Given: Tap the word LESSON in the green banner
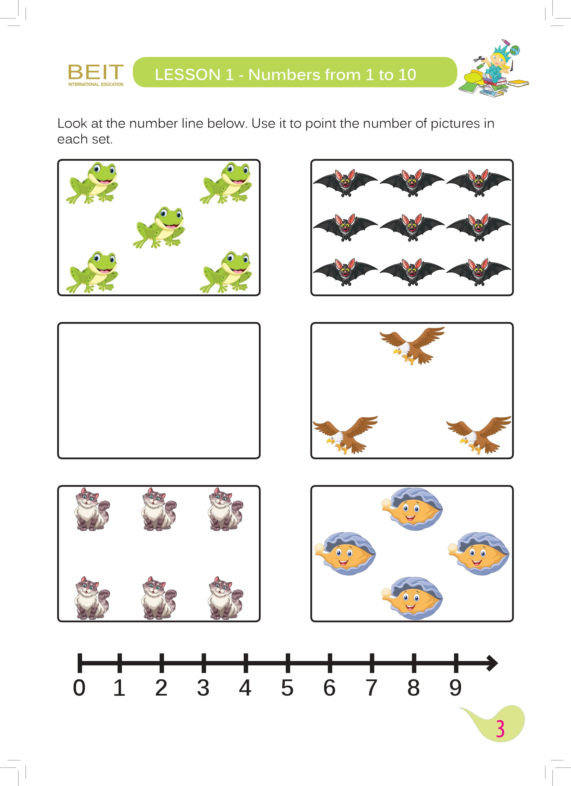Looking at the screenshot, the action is click(x=187, y=75).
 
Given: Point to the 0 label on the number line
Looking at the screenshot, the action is click(x=79, y=688).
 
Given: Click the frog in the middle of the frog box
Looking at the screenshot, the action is click(x=159, y=227).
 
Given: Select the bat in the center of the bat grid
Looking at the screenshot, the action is click(x=412, y=227).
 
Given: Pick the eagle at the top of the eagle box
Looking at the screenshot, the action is click(x=412, y=345).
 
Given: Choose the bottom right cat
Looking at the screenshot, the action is click(x=226, y=598).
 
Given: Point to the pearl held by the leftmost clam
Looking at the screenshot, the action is click(x=320, y=548).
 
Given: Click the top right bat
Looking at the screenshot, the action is click(x=478, y=183).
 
